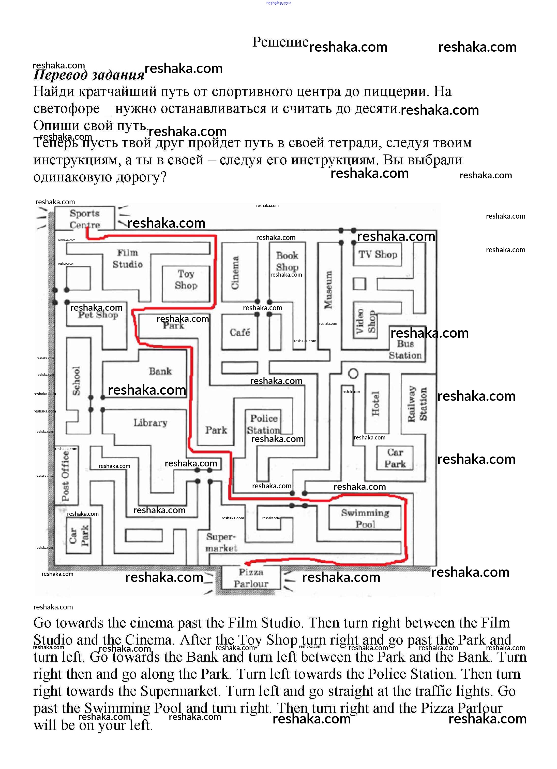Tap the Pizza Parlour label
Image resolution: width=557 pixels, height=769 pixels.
(x=251, y=578)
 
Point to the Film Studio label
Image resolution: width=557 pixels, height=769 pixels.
(x=127, y=258)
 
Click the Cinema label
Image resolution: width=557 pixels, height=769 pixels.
(x=235, y=272)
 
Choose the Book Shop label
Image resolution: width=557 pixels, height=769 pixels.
(x=287, y=261)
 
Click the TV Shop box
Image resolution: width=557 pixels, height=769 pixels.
(x=378, y=254)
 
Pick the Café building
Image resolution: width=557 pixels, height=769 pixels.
(x=239, y=332)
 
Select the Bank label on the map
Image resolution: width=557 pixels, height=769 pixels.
(x=160, y=371)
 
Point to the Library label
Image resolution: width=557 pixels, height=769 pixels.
(x=150, y=422)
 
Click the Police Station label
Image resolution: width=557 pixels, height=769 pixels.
(x=264, y=424)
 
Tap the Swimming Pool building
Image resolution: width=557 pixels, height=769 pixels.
(x=365, y=518)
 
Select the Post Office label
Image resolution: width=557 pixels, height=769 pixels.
(x=65, y=476)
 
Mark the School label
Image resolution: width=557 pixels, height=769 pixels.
(x=77, y=380)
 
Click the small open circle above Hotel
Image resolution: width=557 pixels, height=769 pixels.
(x=353, y=373)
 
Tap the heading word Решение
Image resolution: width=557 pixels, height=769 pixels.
(x=280, y=42)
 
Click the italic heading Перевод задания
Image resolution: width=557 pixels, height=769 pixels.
(x=89, y=75)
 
